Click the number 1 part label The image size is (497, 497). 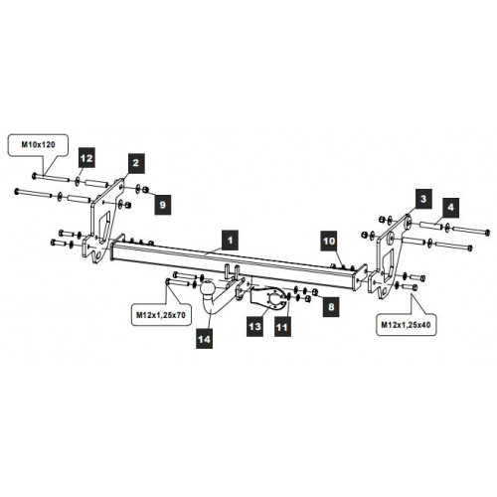(x=231, y=241)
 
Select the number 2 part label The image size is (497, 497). (x=136, y=163)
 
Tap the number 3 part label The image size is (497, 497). (x=423, y=199)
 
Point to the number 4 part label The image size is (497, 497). (x=450, y=208)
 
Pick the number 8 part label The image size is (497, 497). (x=331, y=307)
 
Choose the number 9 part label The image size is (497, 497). (x=163, y=205)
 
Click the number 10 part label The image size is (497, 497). (x=329, y=241)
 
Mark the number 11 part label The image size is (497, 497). (x=282, y=327)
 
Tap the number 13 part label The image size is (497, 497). (x=254, y=327)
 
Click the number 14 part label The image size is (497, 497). (x=204, y=339)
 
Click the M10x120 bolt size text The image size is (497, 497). (x=39, y=145)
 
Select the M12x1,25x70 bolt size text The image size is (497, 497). (x=161, y=315)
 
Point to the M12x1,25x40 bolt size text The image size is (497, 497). (x=406, y=325)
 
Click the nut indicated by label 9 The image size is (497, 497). (x=145, y=190)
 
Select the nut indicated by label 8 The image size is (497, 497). (x=315, y=291)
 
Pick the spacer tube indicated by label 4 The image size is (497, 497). (x=431, y=226)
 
